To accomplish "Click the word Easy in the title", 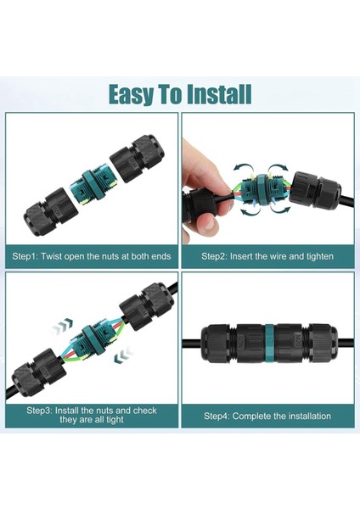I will point(135,94).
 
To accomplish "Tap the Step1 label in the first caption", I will point(28,255).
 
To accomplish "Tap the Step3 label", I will point(42,411).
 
